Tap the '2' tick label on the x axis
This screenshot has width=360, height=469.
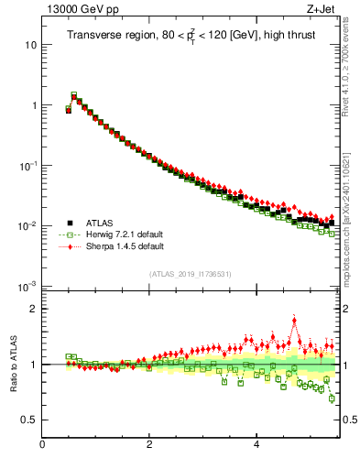[x=149, y=445]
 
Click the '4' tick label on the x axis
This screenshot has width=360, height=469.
[x=256, y=445]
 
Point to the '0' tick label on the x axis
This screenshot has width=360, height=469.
[x=42, y=445]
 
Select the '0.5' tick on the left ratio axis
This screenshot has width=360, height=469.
[x=27, y=420]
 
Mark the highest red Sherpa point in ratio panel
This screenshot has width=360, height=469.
[x=294, y=320]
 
